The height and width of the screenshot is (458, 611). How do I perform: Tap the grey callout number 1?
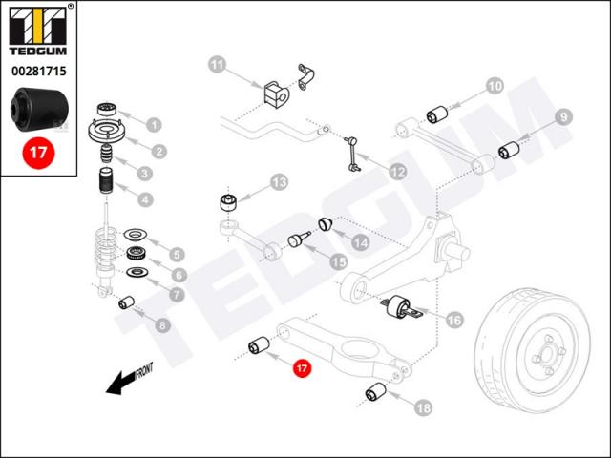[x=154, y=124]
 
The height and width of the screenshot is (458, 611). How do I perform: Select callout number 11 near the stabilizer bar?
[x=218, y=65]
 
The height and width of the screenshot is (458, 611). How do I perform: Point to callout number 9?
[x=564, y=116]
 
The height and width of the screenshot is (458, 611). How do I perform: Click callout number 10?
[x=494, y=86]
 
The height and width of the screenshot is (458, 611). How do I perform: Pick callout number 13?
[x=279, y=181]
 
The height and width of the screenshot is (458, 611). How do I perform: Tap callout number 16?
[x=453, y=320]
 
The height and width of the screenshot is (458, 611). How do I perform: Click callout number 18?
[x=423, y=407]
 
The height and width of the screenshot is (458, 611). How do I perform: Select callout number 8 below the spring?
[x=161, y=325]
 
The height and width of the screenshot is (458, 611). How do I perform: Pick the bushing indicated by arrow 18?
[x=375, y=391]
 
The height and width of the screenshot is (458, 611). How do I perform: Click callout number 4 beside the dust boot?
[x=145, y=199]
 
